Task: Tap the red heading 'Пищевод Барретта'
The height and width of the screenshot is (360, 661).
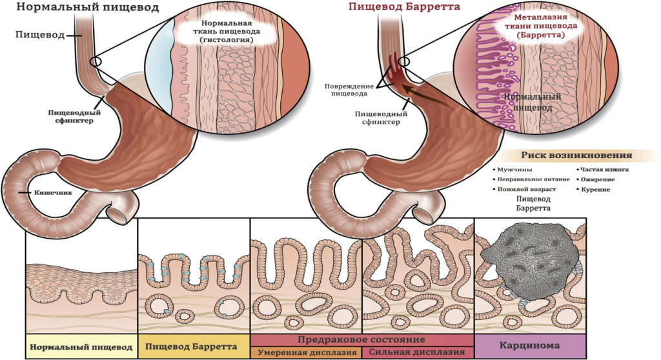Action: pyautogui.click(x=404, y=6)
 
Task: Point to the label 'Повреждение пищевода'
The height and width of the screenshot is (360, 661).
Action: pyautogui.click(x=349, y=90)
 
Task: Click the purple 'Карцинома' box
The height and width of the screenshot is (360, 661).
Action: pyautogui.click(x=530, y=346)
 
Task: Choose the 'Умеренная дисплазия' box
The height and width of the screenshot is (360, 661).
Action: pyautogui.click(x=307, y=352)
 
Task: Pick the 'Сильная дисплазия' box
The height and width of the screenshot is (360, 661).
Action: pyautogui.click(x=418, y=352)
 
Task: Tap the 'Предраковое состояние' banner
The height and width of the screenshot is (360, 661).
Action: pyautogui.click(x=362, y=340)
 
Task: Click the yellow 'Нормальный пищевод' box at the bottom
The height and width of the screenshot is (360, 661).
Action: pyautogui.click(x=81, y=346)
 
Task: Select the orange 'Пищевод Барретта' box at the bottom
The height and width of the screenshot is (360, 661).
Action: pyautogui.click(x=194, y=346)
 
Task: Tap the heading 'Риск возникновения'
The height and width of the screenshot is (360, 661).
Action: pyautogui.click(x=576, y=155)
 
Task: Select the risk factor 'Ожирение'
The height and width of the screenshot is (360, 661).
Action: pyautogui.click(x=595, y=179)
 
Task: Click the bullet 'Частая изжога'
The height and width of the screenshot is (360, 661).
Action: pyautogui.click(x=602, y=170)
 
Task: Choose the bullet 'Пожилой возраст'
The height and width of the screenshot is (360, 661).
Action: pyautogui.click(x=524, y=189)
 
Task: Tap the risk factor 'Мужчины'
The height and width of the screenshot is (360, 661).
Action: pyautogui.click(x=512, y=170)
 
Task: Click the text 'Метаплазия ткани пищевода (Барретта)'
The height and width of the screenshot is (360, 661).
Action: pyautogui.click(x=540, y=26)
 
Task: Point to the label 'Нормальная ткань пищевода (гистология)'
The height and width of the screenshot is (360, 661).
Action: pyautogui.click(x=227, y=32)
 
